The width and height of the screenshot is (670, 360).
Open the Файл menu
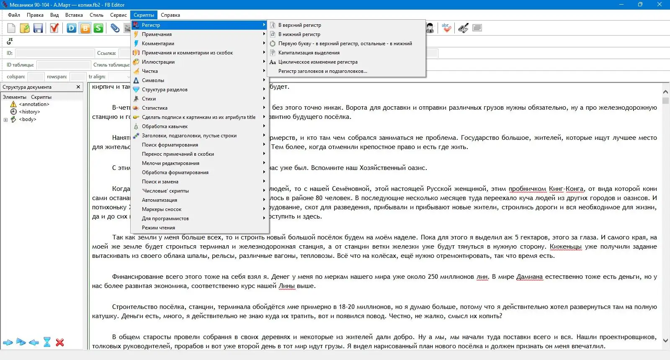pos(14,15)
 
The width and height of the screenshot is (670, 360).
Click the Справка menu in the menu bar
pos(170,15)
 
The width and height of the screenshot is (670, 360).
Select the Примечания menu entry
pos(157,34)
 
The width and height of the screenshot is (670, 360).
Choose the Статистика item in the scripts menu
pos(155,108)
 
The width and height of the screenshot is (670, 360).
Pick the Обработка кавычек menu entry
pos(165,126)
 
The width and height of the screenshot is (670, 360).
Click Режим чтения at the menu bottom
pos(158,228)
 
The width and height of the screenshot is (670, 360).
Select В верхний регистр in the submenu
pos(299,25)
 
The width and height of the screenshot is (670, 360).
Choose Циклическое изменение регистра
pos(318,62)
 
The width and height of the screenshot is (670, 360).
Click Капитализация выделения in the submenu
pos(309,53)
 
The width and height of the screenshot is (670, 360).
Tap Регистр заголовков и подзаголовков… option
pos(322,71)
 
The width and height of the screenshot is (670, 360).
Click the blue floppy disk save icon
pos(38,28)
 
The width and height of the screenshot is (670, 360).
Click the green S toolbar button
pos(98,28)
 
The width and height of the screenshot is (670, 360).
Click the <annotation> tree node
pos(34,104)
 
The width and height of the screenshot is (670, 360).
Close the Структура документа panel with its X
pos(78,87)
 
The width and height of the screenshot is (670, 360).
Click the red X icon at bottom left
pos(60,342)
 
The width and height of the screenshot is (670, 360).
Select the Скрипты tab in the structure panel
pos(41,97)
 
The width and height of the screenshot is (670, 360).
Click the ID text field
pos(55,53)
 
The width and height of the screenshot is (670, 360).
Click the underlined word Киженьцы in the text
pos(565,247)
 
